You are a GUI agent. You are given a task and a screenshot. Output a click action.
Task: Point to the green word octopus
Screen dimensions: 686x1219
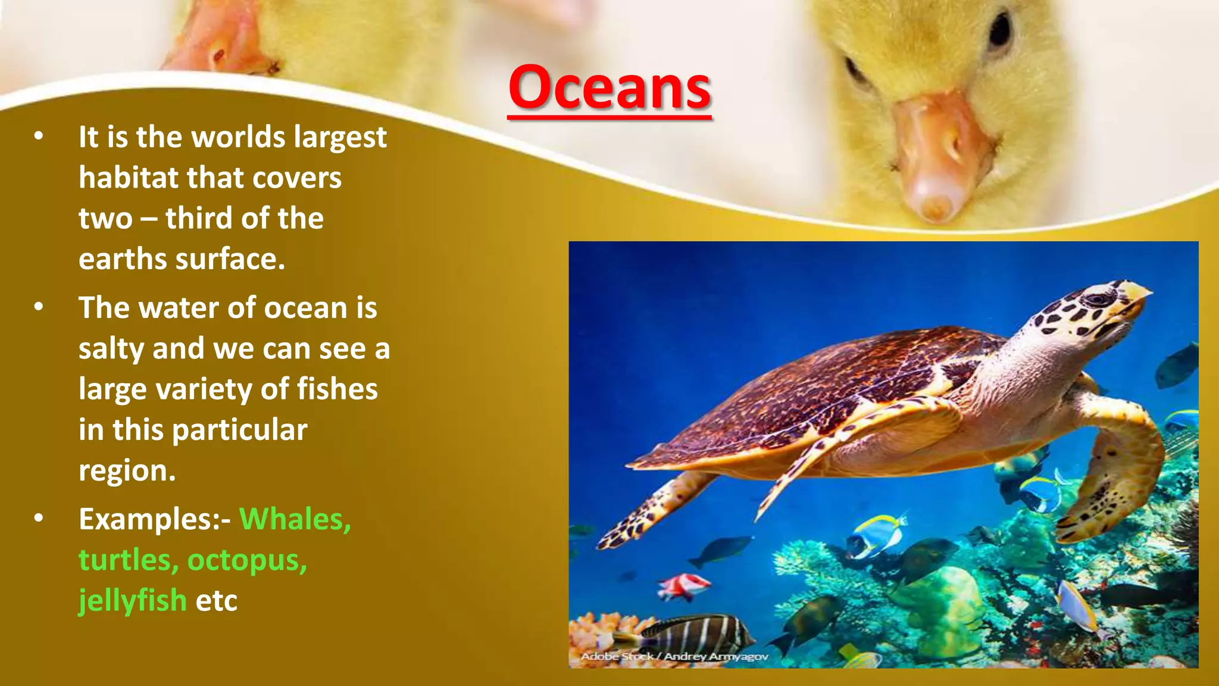[247, 560]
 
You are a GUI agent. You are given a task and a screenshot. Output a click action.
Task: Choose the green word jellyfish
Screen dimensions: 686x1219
[133, 600]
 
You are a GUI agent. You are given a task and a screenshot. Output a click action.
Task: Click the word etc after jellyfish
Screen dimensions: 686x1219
[216, 600]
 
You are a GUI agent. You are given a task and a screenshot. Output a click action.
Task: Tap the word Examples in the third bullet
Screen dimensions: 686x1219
[149, 519]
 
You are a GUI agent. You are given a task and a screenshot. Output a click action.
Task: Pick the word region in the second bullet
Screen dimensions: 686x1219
[127, 471]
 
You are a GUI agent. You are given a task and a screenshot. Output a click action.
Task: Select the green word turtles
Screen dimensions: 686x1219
[128, 560]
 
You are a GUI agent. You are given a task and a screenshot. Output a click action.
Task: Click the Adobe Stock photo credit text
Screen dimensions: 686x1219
[674, 656]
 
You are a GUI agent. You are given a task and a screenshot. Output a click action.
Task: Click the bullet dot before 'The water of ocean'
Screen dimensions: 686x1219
[39, 307]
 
